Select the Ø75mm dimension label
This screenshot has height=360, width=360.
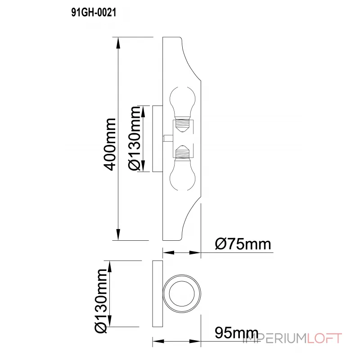tap(243, 244)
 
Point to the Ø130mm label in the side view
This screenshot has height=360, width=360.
tap(135, 139)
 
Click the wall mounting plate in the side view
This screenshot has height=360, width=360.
tap(157, 139)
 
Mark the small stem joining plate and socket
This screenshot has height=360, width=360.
tap(166, 138)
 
